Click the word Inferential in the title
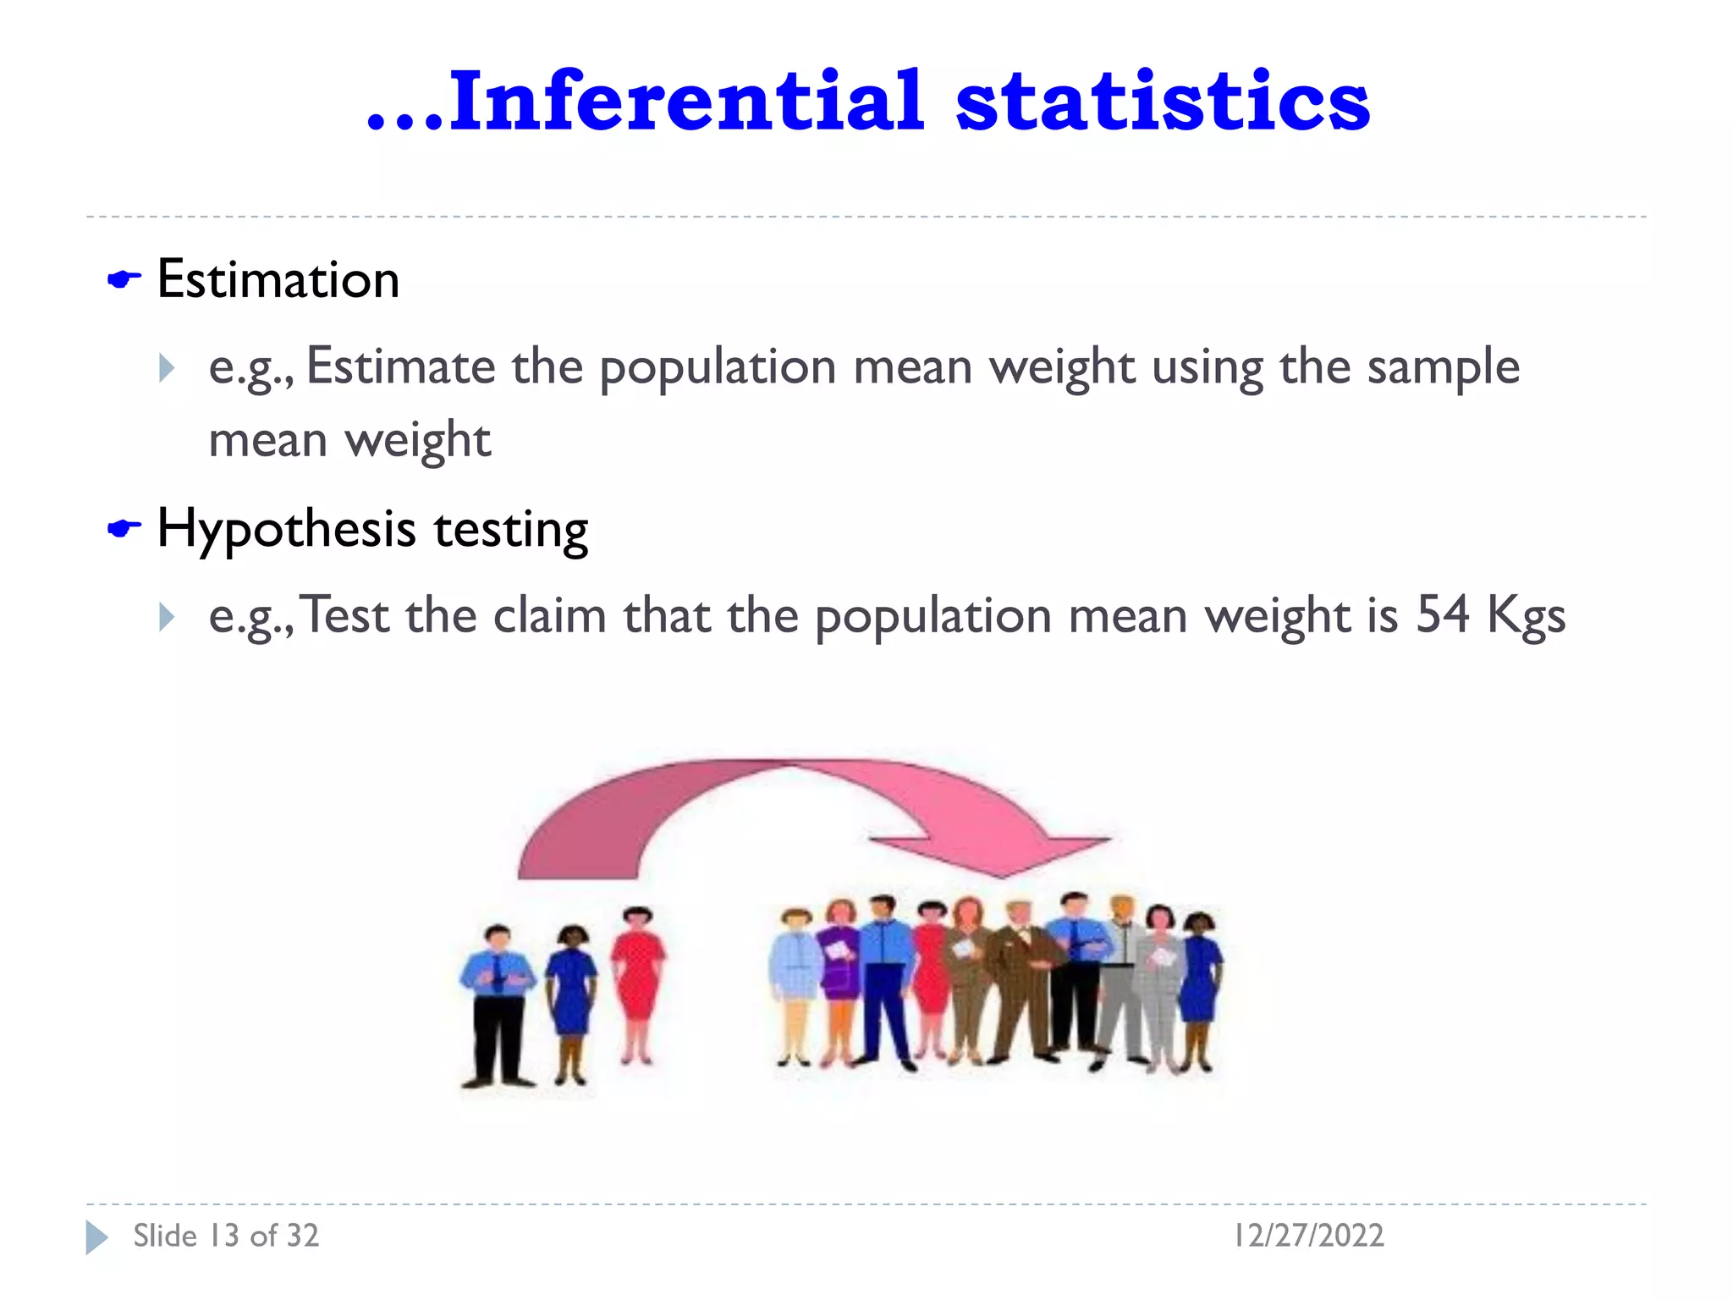pos(685,102)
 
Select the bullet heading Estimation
pos(278,279)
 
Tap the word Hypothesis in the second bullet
pos(287,530)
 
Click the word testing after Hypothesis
pos(511,530)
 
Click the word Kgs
pos(1526,616)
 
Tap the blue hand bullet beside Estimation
pos(124,279)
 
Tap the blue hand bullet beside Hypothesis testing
pos(124,530)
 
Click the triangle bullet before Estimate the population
pos(167,368)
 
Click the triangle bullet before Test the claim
pos(167,616)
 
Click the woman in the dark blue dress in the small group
pos(572,999)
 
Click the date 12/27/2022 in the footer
pos(1308,1236)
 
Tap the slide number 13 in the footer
pos(224,1236)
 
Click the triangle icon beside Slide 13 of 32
pos(96,1237)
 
